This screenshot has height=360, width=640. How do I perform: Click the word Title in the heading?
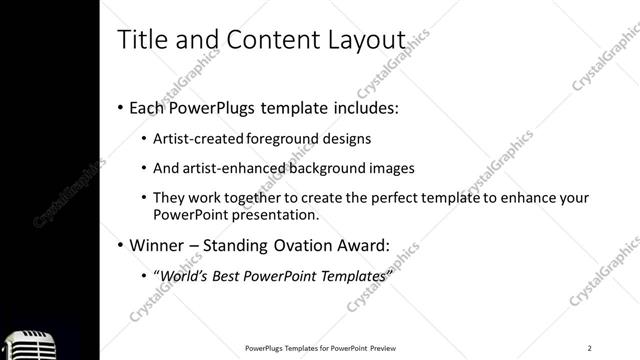tap(140, 40)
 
